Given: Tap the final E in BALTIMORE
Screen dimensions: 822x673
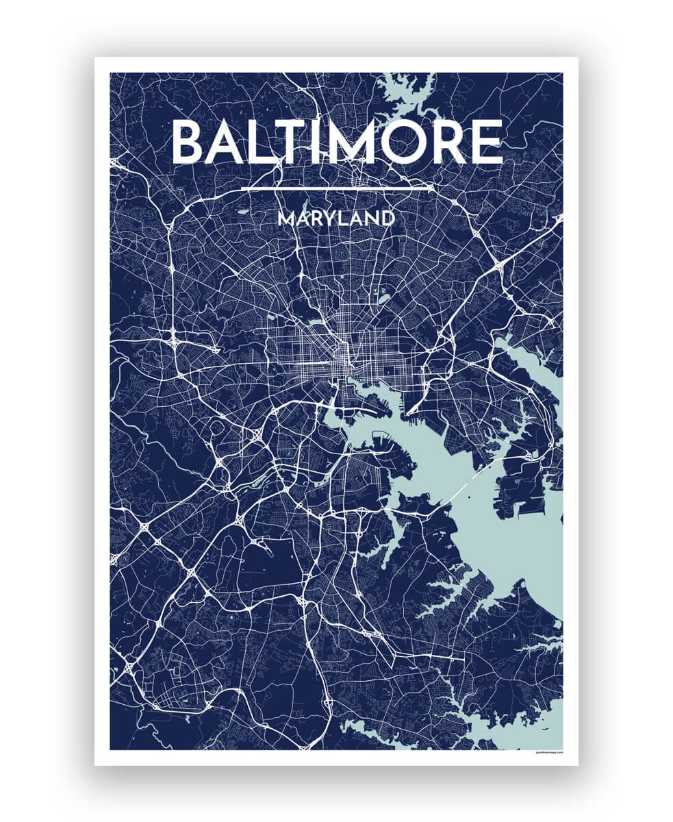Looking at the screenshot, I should click(x=487, y=142).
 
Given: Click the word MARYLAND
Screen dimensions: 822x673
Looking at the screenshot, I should click(x=336, y=219).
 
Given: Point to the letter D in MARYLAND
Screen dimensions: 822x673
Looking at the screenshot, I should click(x=388, y=219).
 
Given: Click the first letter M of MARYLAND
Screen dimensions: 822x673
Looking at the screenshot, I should click(x=285, y=219).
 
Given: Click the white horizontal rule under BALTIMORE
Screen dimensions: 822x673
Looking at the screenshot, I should click(x=336, y=187).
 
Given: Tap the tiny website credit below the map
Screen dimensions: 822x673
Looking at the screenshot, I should click(x=547, y=752).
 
